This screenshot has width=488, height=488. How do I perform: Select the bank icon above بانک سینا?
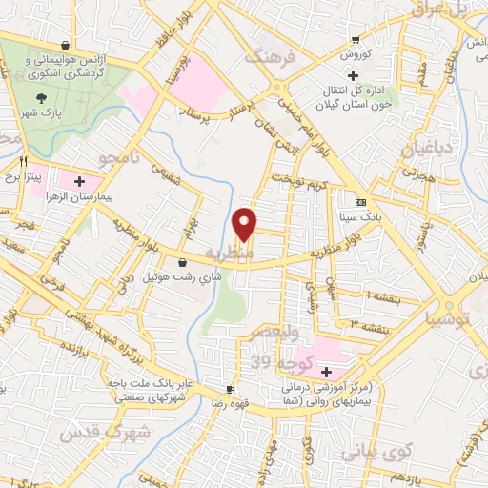tap(360, 202)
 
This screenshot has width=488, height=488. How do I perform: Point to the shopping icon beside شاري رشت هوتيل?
tap(182, 262)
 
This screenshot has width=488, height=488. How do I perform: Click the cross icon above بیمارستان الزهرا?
tap(79, 179)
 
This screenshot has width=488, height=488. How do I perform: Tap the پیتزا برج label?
tap(16, 177)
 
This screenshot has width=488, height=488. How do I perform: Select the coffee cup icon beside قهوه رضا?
tap(229, 389)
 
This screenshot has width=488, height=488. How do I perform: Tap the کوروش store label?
tap(356, 55)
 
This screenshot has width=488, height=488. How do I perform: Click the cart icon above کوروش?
tap(356, 40)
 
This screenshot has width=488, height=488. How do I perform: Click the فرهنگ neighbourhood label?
tap(271, 58)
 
